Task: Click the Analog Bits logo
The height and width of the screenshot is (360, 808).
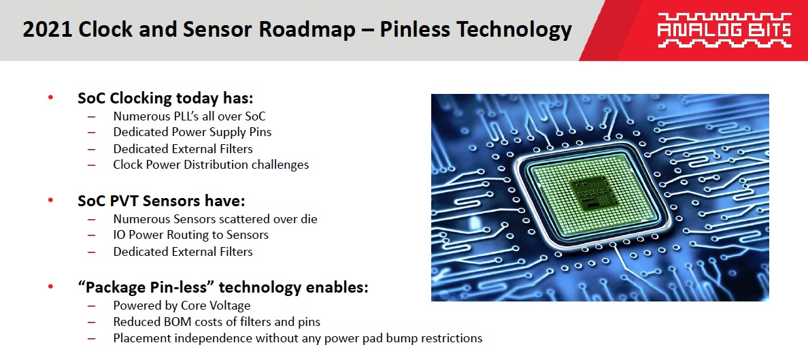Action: (x=724, y=30)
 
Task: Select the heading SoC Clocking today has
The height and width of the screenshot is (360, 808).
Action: (x=165, y=98)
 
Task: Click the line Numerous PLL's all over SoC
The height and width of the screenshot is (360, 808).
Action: (x=190, y=116)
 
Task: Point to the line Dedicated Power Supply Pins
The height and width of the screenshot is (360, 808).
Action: (x=192, y=132)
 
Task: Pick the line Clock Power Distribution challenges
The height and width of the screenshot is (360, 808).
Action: (x=211, y=165)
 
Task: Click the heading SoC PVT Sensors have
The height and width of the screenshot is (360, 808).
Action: (x=161, y=201)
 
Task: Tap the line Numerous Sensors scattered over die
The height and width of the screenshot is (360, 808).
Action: (x=216, y=218)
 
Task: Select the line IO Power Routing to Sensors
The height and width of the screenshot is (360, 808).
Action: (x=190, y=235)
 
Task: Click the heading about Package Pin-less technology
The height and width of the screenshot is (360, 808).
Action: (x=222, y=287)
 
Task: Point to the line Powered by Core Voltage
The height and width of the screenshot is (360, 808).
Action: (x=182, y=306)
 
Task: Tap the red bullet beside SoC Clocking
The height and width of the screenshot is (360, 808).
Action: (x=50, y=97)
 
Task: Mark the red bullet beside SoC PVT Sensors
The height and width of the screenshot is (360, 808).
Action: (x=50, y=200)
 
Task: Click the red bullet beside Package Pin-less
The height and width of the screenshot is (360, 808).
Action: (x=50, y=287)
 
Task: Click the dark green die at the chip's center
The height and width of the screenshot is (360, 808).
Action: (x=592, y=195)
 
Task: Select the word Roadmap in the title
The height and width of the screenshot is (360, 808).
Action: (x=305, y=30)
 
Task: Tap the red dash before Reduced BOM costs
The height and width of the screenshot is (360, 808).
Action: (x=92, y=323)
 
